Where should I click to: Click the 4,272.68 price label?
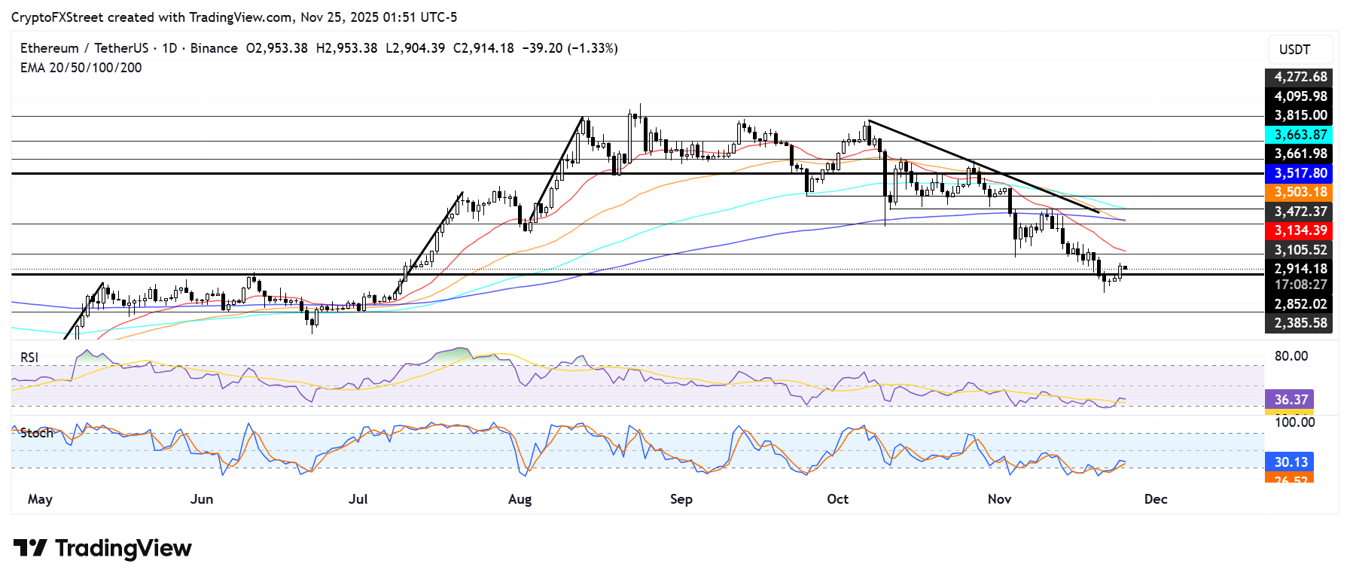(1300, 77)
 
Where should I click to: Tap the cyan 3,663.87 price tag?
(1300, 135)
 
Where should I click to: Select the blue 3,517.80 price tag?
(1300, 173)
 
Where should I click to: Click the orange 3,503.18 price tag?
(1300, 192)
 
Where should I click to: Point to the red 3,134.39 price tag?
(1300, 230)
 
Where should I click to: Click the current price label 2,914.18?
(1300, 269)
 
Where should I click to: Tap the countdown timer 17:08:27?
(1300, 285)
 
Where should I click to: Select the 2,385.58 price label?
(1300, 323)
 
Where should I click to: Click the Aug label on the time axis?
(520, 499)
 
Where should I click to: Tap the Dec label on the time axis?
(1155, 499)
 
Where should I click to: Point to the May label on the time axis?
(40, 499)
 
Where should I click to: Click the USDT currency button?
(1294, 50)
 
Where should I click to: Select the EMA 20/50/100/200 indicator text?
(81, 68)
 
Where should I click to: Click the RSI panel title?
(29, 358)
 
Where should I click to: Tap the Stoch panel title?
(37, 433)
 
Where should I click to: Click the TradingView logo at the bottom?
(103, 548)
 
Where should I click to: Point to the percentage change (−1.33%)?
(592, 48)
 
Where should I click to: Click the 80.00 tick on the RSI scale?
(1291, 356)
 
